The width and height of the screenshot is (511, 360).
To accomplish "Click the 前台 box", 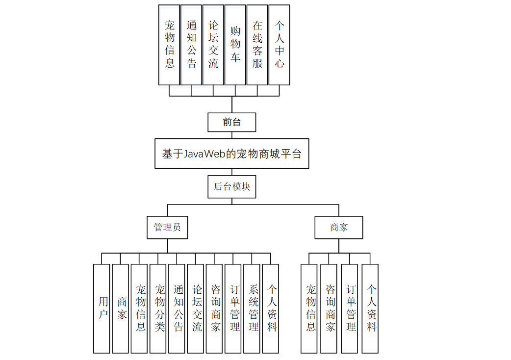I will click(x=231, y=122).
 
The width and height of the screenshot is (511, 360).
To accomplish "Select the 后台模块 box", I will click(x=231, y=187).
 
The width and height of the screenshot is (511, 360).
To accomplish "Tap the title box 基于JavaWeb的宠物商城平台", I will click(x=231, y=154).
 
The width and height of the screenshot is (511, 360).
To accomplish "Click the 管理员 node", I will click(x=167, y=228).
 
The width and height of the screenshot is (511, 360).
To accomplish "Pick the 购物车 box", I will click(x=235, y=45).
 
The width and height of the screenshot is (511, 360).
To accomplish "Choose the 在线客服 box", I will click(x=257, y=45).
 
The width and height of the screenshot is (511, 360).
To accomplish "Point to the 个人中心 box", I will click(x=279, y=45).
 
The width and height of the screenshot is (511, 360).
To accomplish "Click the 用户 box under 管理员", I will click(x=102, y=309).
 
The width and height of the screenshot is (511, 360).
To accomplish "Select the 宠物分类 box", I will click(x=158, y=309).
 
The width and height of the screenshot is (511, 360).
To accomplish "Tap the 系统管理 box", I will click(x=252, y=309).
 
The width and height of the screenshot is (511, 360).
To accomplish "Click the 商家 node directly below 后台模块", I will click(x=338, y=228).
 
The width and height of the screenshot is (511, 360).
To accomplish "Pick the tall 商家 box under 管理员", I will click(x=120, y=309).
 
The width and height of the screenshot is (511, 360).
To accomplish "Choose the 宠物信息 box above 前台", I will click(x=169, y=45).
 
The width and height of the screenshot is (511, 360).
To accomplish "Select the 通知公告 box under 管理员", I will click(x=177, y=309).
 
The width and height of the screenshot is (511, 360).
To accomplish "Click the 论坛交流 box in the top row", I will click(x=213, y=45).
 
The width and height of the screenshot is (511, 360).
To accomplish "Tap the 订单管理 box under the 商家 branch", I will click(x=350, y=309).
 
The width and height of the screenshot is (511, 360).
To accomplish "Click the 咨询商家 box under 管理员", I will click(x=214, y=309).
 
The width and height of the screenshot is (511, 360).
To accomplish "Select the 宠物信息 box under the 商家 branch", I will click(x=309, y=309).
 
